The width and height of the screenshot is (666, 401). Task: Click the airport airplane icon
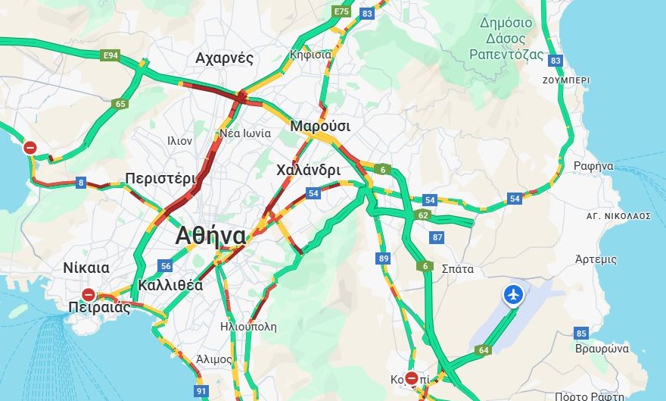[x=513, y=294]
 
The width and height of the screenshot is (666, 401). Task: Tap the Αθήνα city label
[x=210, y=236]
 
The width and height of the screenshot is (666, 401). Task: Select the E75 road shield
[x=341, y=12]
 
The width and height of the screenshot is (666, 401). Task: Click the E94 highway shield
[x=111, y=55]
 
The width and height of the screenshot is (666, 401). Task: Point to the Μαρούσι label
[x=320, y=126]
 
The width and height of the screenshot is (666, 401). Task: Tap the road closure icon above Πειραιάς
[x=89, y=294]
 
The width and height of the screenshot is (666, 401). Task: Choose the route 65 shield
[x=120, y=104]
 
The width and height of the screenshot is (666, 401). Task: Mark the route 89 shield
[x=384, y=259]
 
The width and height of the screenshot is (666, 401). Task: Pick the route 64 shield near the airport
[x=483, y=350]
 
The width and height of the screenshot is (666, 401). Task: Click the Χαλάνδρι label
[x=308, y=170]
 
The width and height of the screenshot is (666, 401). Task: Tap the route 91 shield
[x=201, y=391]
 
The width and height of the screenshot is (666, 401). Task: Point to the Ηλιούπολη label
[x=247, y=327]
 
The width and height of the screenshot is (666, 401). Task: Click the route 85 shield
[x=581, y=333]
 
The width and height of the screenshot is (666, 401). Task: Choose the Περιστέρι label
[x=160, y=179]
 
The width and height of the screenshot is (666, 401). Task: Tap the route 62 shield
[x=423, y=215]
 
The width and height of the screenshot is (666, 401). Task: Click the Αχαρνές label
[x=224, y=58]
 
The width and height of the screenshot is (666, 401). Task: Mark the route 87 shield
[x=437, y=237]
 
